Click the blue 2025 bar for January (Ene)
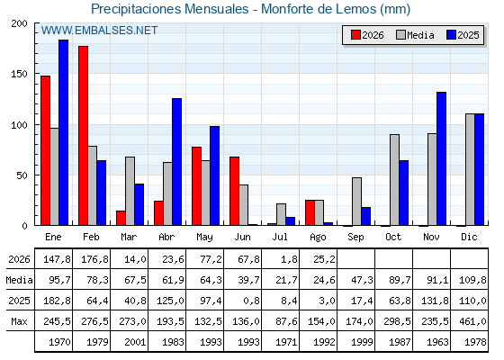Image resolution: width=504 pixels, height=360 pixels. click(x=63, y=132)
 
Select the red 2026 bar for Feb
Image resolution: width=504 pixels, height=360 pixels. click(x=83, y=136)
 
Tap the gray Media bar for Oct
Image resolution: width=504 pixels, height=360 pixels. click(x=395, y=180)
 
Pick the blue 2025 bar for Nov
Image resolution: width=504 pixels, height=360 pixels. click(x=441, y=158)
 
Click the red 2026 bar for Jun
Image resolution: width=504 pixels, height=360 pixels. click(x=234, y=191)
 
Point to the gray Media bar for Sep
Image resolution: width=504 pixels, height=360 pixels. click(x=356, y=202)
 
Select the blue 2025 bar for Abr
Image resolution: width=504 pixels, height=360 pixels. click(x=176, y=162)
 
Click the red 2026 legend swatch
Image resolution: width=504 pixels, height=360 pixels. click(x=355, y=35)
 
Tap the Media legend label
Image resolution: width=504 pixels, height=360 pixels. click(x=420, y=35)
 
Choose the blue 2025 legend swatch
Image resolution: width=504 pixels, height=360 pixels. click(x=451, y=35)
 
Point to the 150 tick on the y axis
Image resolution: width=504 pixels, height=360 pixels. click(x=19, y=74)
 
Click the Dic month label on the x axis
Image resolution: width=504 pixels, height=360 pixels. click(x=469, y=237)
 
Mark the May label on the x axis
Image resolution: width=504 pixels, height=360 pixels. click(x=204, y=238)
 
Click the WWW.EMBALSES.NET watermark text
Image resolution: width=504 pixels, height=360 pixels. click(x=99, y=31)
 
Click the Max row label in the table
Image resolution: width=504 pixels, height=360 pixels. click(x=19, y=321)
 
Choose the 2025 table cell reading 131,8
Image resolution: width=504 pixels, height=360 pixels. click(x=435, y=301)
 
